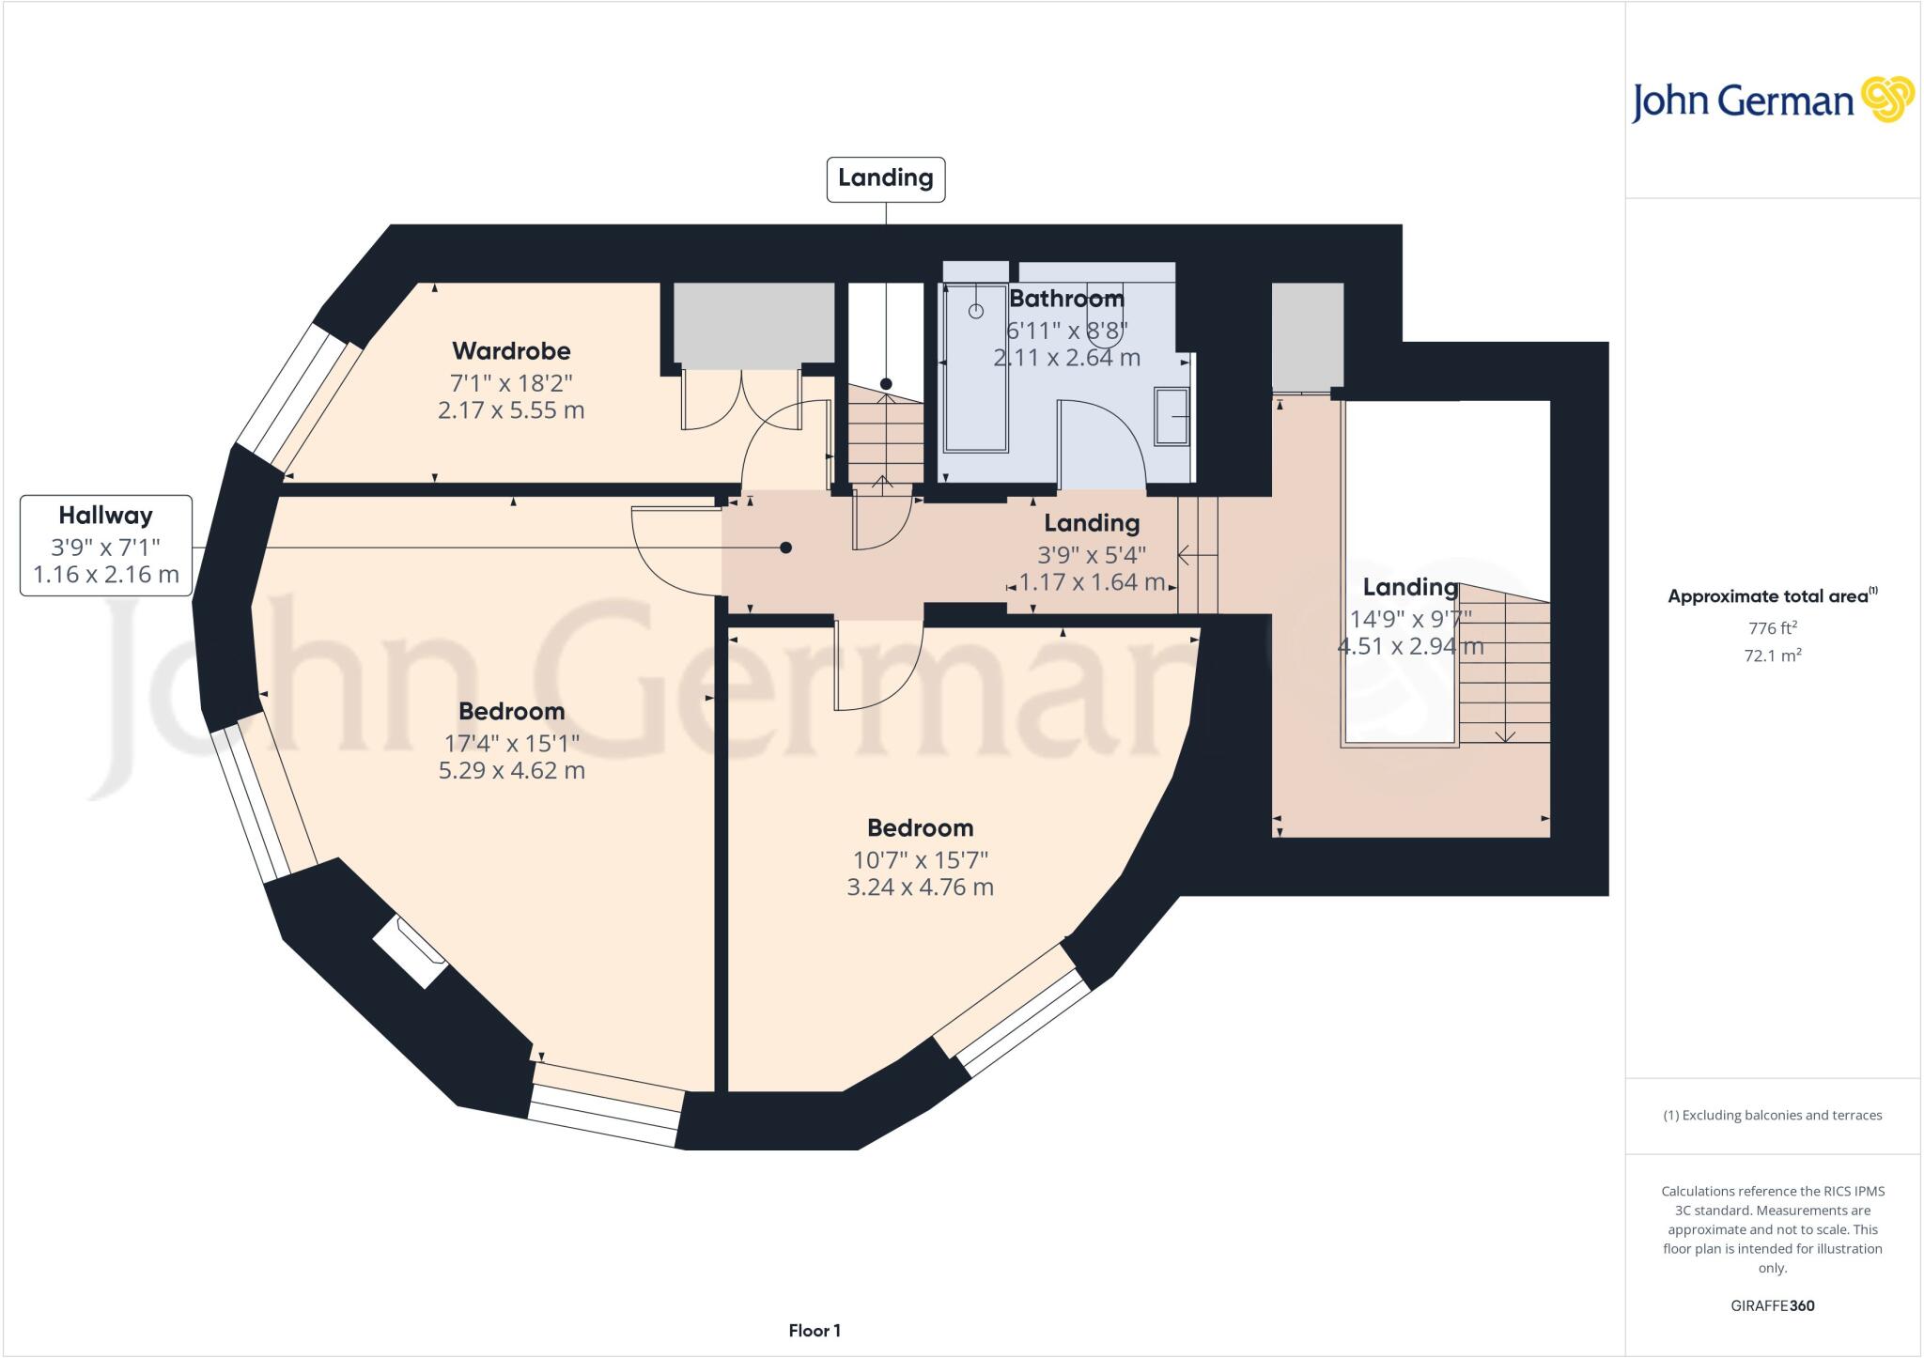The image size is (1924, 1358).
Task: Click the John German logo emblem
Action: (x=1886, y=100)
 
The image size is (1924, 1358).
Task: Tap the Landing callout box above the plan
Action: (x=885, y=178)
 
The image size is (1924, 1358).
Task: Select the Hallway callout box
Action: (x=106, y=545)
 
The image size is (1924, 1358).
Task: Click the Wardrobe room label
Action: (x=511, y=351)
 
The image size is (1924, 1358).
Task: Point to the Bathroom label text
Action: (x=1066, y=299)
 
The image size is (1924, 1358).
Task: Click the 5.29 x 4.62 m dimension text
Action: (x=511, y=771)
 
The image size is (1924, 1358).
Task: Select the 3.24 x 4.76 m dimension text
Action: (x=920, y=887)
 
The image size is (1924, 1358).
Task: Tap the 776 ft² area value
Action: (x=1772, y=628)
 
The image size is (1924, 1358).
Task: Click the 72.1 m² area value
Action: (x=1772, y=656)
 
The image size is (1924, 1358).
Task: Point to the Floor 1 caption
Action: (x=815, y=1331)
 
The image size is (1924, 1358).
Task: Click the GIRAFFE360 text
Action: (x=1772, y=1305)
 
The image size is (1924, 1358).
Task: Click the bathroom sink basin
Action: (x=1172, y=415)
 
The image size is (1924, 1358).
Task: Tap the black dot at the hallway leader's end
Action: (x=785, y=548)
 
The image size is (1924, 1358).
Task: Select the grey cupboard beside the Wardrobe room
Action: (x=754, y=322)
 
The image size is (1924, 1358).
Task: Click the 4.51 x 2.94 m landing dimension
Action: (x=1410, y=646)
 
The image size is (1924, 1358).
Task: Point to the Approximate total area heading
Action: (x=1772, y=595)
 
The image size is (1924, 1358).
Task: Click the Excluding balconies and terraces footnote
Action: (x=1772, y=1116)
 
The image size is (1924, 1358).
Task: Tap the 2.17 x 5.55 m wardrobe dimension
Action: (x=511, y=410)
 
